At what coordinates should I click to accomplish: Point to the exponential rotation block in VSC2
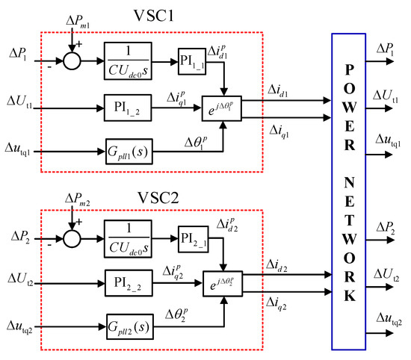tap(224, 285)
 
